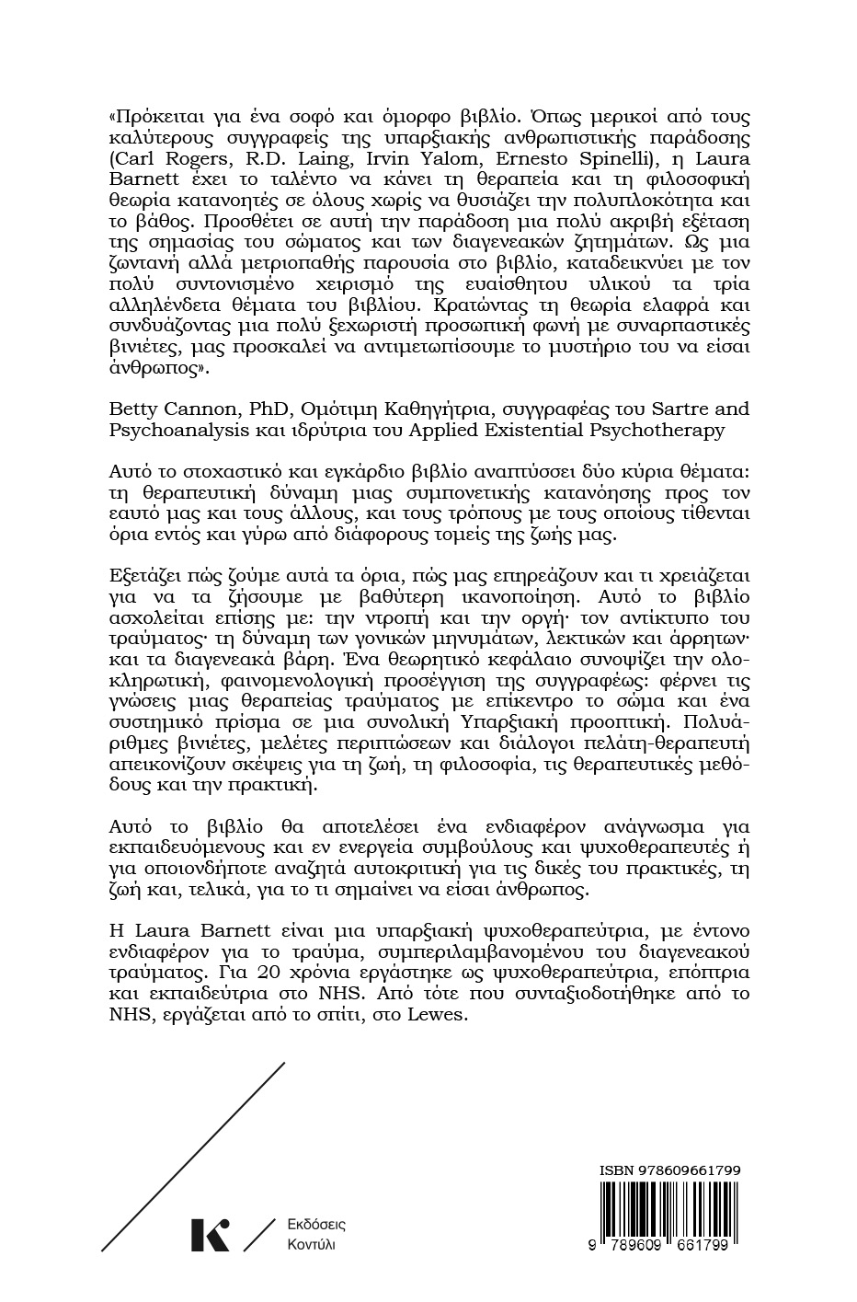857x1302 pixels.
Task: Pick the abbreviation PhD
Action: click(x=238, y=408)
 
